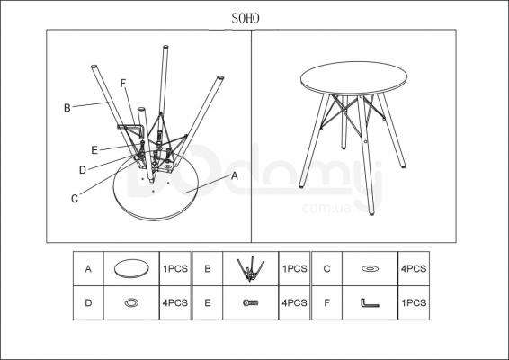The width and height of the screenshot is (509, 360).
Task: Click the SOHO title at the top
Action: click(246, 18)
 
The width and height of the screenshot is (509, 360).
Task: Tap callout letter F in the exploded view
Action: click(122, 84)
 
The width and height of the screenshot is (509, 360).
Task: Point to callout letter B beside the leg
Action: click(67, 108)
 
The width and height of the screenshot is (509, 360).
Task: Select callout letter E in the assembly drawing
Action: click(94, 150)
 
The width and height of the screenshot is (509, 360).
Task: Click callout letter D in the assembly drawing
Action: click(83, 170)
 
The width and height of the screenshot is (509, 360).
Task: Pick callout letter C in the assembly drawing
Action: click(75, 199)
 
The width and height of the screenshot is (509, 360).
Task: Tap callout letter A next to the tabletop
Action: click(235, 176)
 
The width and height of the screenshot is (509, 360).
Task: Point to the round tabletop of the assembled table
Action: click(353, 78)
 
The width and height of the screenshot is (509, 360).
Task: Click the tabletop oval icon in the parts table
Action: click(131, 268)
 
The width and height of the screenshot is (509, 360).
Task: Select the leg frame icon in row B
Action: click(250, 268)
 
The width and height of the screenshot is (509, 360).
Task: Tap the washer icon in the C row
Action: click(371, 269)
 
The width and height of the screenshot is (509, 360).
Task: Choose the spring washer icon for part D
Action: click(131, 302)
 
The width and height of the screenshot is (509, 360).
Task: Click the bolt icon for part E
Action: click(251, 302)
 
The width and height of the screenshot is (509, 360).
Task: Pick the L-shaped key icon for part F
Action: click(370, 302)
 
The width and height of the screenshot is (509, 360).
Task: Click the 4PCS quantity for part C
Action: click(414, 269)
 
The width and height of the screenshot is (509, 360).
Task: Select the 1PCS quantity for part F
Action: click(414, 302)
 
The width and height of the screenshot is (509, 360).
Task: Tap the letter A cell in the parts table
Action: click(88, 269)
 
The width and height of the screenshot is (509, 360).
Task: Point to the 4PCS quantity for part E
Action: click(294, 302)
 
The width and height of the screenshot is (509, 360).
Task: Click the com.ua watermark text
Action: click(326, 208)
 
